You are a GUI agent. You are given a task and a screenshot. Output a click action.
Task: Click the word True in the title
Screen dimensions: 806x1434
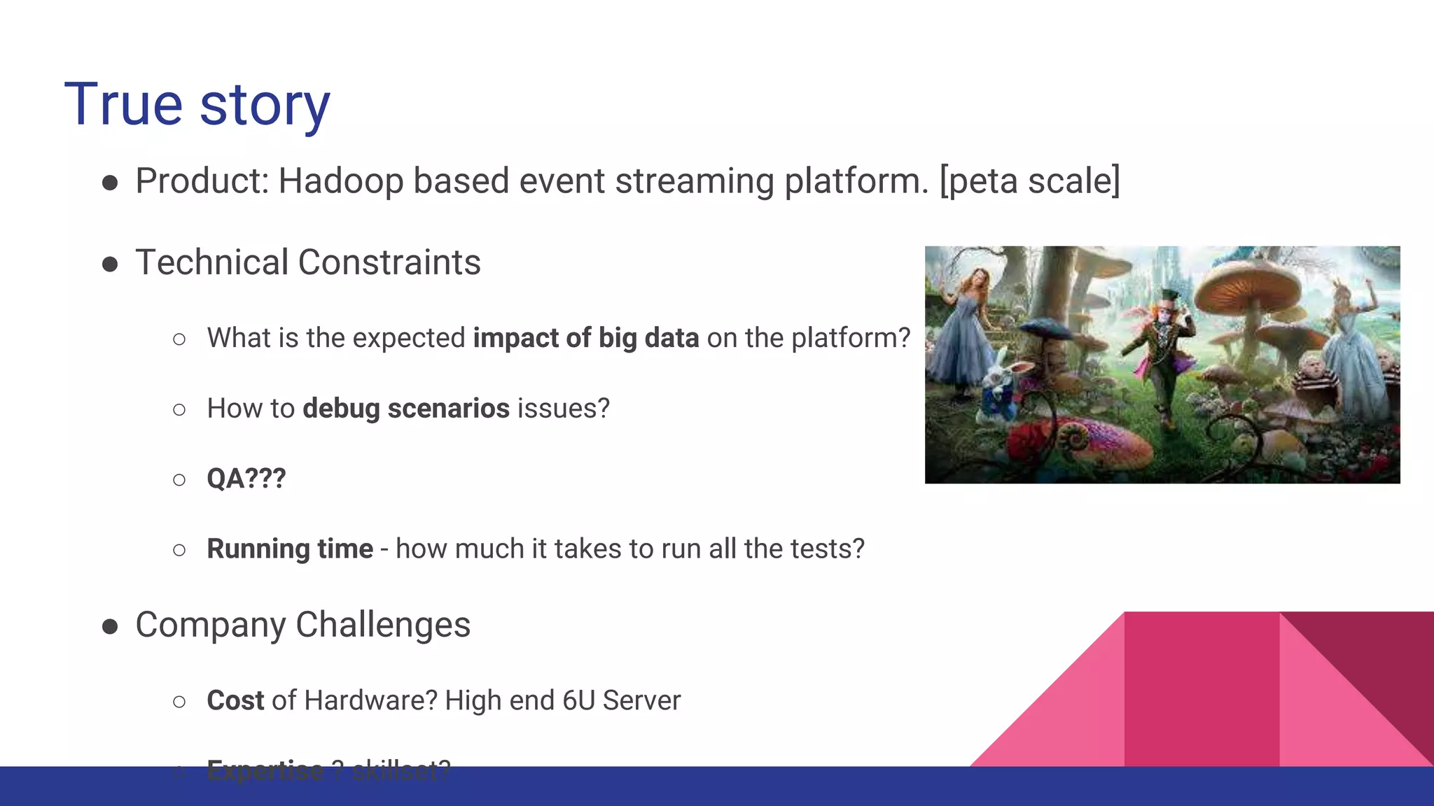point(123,105)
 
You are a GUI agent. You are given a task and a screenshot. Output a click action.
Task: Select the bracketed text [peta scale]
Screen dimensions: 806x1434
point(1029,181)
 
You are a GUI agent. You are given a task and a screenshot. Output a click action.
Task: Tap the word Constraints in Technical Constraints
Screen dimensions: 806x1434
point(389,263)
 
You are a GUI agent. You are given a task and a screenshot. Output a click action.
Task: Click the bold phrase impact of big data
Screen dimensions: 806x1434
point(585,338)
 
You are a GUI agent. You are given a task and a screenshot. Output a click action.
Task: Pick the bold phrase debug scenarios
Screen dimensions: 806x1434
point(405,409)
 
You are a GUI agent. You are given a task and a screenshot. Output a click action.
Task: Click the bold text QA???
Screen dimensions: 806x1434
point(246,479)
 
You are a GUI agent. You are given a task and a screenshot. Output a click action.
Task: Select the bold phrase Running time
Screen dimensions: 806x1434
point(289,549)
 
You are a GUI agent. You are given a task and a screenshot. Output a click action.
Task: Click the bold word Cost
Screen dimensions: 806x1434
point(235,700)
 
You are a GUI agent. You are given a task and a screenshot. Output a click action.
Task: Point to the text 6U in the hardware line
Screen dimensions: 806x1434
point(578,700)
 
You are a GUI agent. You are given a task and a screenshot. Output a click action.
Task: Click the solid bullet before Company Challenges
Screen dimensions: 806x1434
point(110,626)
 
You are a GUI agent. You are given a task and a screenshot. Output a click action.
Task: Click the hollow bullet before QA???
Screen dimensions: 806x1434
point(179,480)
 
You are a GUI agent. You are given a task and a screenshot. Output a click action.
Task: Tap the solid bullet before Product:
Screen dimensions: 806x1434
point(110,183)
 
